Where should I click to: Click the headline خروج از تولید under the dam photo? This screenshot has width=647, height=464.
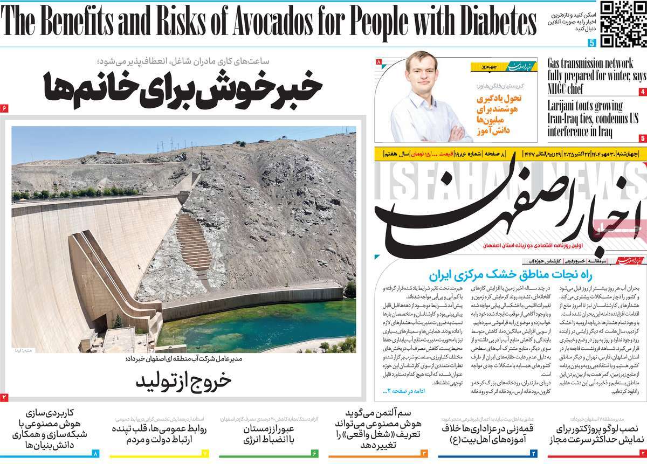pos(183,380)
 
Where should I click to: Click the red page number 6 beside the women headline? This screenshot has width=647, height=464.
pos(4,108)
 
